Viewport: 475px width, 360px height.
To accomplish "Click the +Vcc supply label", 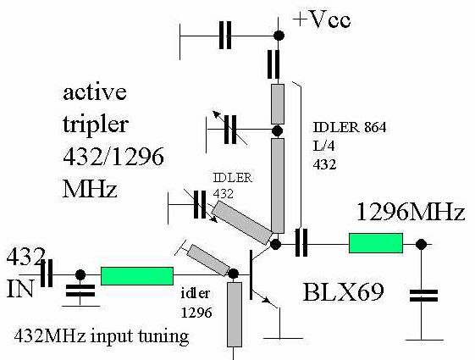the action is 322,20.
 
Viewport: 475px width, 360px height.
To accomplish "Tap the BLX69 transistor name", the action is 343,292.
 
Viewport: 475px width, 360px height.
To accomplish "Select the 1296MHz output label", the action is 411,212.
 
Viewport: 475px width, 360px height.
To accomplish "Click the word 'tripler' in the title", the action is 96,125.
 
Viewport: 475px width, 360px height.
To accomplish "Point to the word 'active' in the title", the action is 95,92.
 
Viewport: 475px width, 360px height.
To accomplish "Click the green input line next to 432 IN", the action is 137,276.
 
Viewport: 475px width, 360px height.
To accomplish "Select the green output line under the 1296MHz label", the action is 376,243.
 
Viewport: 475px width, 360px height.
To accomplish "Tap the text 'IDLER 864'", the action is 350,128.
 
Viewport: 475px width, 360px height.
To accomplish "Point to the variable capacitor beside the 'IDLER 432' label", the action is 200,205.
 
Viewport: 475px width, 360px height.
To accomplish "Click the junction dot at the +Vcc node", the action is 279,36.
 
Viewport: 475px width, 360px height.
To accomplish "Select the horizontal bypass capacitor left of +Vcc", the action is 225,35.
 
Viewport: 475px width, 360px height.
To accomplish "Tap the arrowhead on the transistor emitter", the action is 267,300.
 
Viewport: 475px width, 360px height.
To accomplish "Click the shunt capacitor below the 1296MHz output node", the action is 423,296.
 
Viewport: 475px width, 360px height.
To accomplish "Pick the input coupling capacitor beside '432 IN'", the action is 47,273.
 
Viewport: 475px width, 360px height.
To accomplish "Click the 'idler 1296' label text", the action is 196,303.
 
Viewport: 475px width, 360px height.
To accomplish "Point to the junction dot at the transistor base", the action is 233,274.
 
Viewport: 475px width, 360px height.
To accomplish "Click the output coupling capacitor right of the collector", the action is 301,242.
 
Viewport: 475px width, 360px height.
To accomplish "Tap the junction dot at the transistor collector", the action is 275,244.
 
